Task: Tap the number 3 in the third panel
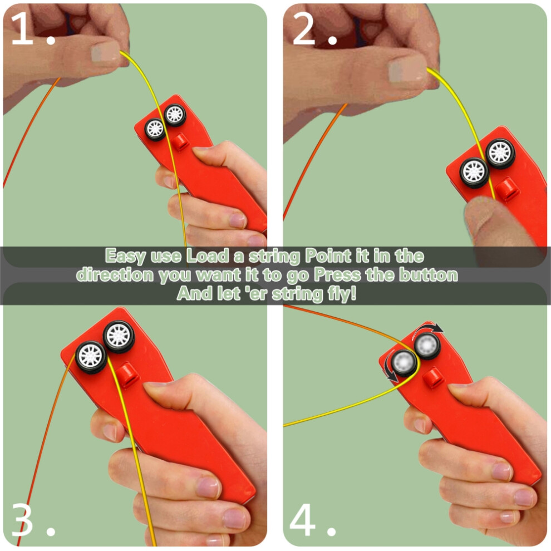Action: click(x=22, y=519)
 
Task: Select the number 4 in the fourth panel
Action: click(x=303, y=519)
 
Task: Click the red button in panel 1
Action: click(x=181, y=142)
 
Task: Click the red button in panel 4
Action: click(x=435, y=378)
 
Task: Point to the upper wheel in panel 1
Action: click(x=175, y=115)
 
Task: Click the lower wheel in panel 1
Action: click(x=155, y=129)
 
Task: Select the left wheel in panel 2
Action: click(x=474, y=172)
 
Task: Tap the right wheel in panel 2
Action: click(x=500, y=153)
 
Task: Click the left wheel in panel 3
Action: click(x=91, y=357)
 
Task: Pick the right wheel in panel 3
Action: click(x=119, y=336)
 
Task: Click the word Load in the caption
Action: click(x=208, y=255)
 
